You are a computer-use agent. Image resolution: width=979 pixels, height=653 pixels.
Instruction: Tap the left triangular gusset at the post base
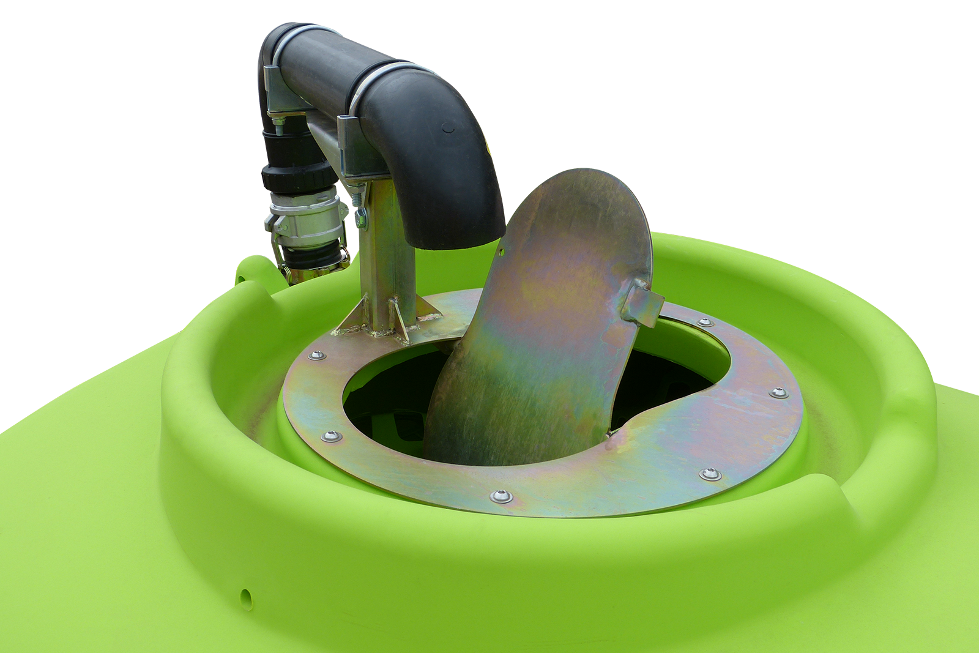pyautogui.click(x=351, y=318)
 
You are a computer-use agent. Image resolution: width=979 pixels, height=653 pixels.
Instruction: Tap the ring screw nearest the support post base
pyautogui.click(x=316, y=355)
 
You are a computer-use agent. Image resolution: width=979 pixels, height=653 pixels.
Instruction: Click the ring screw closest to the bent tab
pyautogui.click(x=704, y=321)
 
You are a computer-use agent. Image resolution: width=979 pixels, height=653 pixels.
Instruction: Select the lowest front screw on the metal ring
pyautogui.click(x=501, y=496)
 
